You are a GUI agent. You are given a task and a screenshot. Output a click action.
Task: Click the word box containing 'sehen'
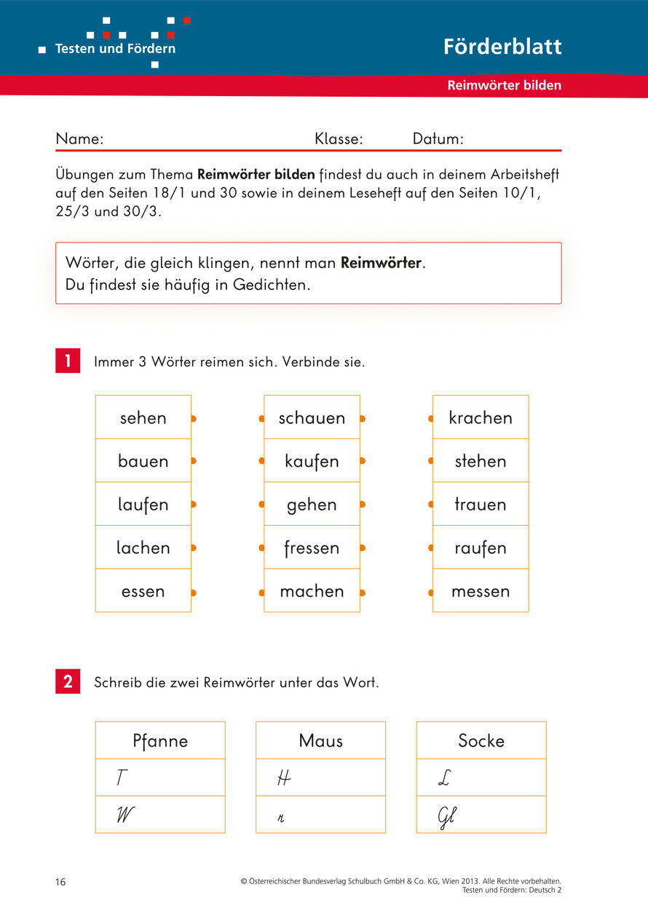click(143, 417)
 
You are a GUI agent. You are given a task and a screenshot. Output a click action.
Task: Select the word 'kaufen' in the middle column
click(312, 461)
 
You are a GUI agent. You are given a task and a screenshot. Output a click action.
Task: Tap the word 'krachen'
click(481, 417)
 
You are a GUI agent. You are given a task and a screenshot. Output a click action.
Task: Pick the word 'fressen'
click(312, 548)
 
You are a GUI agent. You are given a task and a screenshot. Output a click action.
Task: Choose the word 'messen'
click(481, 591)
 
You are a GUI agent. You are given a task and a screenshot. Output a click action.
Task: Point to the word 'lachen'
click(143, 548)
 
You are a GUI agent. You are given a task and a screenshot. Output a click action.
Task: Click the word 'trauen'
click(481, 504)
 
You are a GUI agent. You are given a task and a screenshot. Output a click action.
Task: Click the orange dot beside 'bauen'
click(194, 461)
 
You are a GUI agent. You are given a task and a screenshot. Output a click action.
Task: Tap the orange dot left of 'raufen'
click(430, 548)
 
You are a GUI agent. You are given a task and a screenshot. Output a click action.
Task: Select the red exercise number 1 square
click(68, 361)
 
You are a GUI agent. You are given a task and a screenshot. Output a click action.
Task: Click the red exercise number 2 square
click(68, 682)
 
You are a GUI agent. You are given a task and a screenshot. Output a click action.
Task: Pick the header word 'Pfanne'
click(160, 741)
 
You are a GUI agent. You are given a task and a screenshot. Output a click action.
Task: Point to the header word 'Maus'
click(320, 741)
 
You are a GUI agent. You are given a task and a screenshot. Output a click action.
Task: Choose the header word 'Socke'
click(481, 741)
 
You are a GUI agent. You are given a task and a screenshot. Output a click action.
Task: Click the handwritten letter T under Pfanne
click(122, 778)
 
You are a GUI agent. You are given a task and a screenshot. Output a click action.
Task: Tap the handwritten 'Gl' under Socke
click(446, 817)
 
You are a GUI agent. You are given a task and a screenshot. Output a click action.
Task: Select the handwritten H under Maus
click(284, 778)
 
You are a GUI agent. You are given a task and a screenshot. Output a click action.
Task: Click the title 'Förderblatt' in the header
click(502, 47)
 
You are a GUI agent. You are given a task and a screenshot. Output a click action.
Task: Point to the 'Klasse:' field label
click(339, 139)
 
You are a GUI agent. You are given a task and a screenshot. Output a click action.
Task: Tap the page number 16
click(60, 883)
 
